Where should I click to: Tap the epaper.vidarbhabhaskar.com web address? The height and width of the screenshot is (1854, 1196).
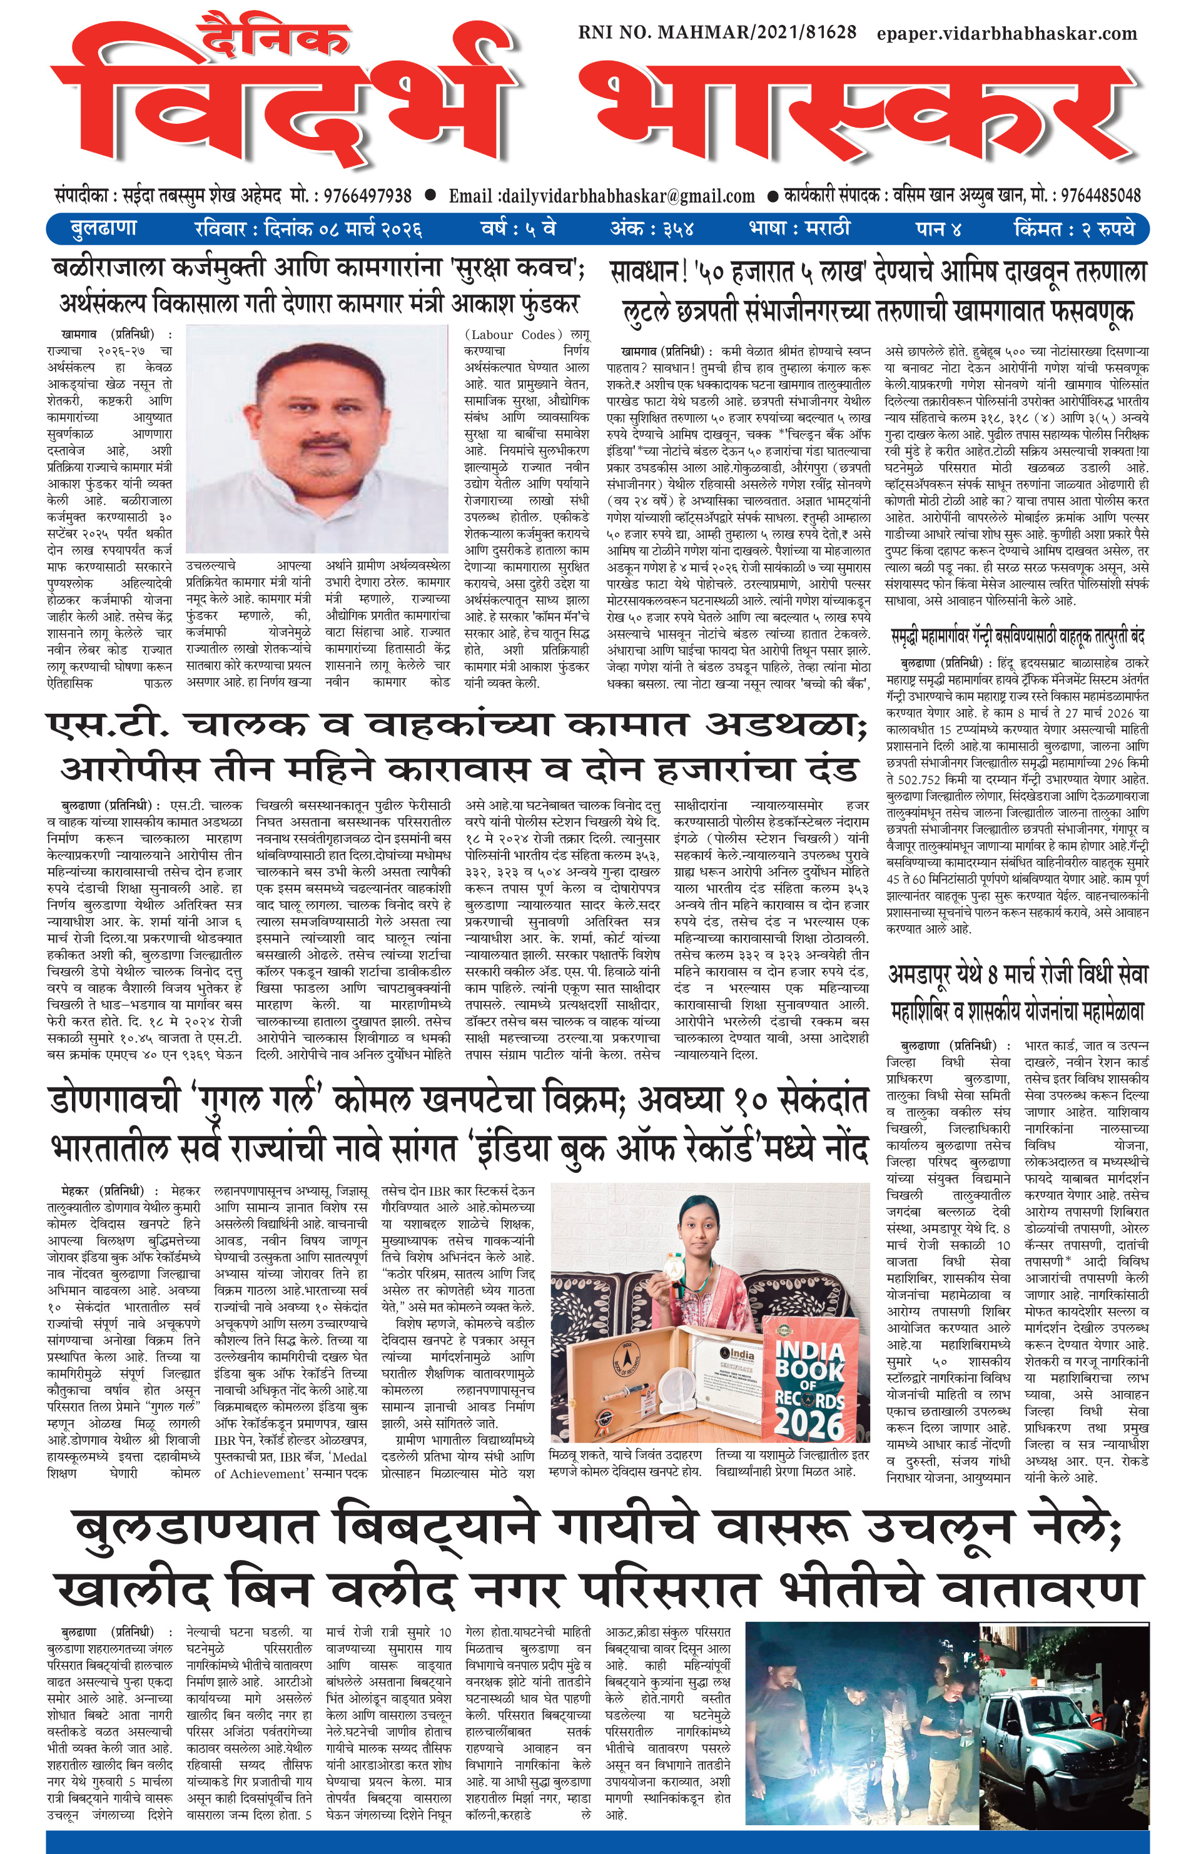pos(1007,33)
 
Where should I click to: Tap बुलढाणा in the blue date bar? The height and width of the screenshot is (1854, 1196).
pos(103,229)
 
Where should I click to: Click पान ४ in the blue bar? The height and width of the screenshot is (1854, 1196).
pos(938,229)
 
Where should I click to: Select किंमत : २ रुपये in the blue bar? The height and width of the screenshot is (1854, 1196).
pos(1074,229)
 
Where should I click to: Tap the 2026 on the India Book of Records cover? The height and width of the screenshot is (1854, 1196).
pos(808,1417)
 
